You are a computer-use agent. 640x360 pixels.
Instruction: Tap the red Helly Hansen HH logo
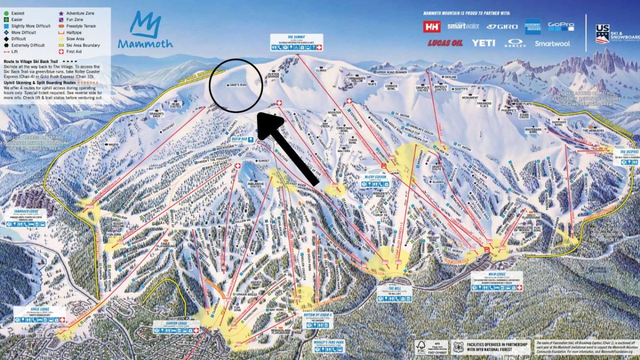431,26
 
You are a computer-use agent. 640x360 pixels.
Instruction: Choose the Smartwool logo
552,44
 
